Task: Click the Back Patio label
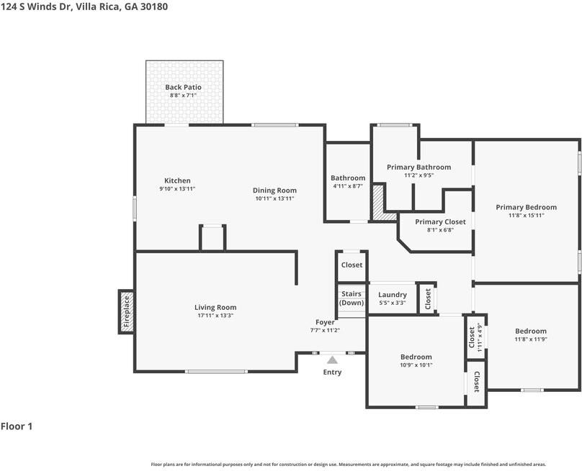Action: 184,87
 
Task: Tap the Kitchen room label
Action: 177,180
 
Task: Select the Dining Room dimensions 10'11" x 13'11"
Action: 274,198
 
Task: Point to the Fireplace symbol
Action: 127,311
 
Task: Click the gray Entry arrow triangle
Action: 332,360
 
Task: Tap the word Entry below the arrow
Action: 332,372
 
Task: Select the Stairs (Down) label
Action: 352,298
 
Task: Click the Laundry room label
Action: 393,295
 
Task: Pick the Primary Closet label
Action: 440,221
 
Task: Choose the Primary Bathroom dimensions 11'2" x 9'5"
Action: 419,175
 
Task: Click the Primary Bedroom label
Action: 527,207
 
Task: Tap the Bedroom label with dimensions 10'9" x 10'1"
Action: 416,357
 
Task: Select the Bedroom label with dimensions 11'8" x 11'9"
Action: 531,331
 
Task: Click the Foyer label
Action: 325,322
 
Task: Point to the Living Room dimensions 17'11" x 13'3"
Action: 215,316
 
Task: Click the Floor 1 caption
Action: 17,426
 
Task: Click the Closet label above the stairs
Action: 352,265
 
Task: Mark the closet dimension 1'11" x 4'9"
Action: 480,337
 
